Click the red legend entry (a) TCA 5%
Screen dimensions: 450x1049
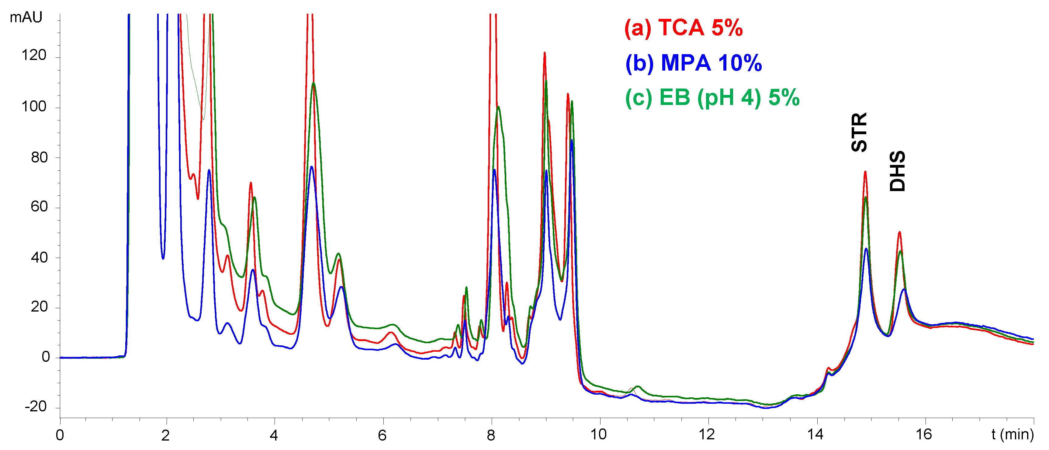[683, 28]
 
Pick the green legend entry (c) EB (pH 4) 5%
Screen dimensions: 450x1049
[712, 98]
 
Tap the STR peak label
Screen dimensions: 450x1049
[859, 132]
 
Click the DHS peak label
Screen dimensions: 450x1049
[897, 171]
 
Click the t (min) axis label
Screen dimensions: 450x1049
[1012, 434]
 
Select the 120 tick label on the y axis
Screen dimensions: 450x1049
[34, 55]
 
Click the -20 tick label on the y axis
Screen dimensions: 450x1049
[36, 407]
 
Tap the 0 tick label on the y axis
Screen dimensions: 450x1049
[46, 358]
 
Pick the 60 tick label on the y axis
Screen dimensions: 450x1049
[39, 207]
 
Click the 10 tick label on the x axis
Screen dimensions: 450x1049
[599, 435]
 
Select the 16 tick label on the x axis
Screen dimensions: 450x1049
[924, 435]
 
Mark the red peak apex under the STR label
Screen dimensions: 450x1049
[865, 172]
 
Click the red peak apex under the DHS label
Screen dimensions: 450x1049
[899, 232]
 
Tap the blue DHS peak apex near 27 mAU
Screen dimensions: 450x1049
[904, 289]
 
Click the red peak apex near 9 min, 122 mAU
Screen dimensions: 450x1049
[545, 53]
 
